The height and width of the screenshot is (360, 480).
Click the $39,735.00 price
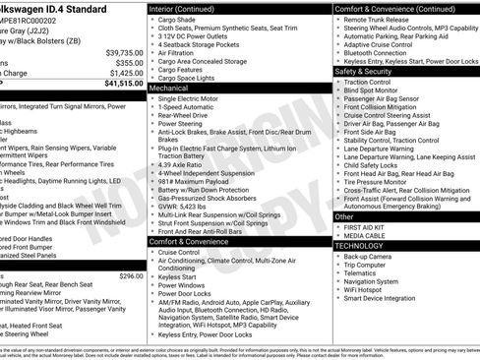124,52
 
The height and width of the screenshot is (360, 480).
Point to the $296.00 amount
131,276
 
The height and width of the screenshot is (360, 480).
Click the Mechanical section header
170,89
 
